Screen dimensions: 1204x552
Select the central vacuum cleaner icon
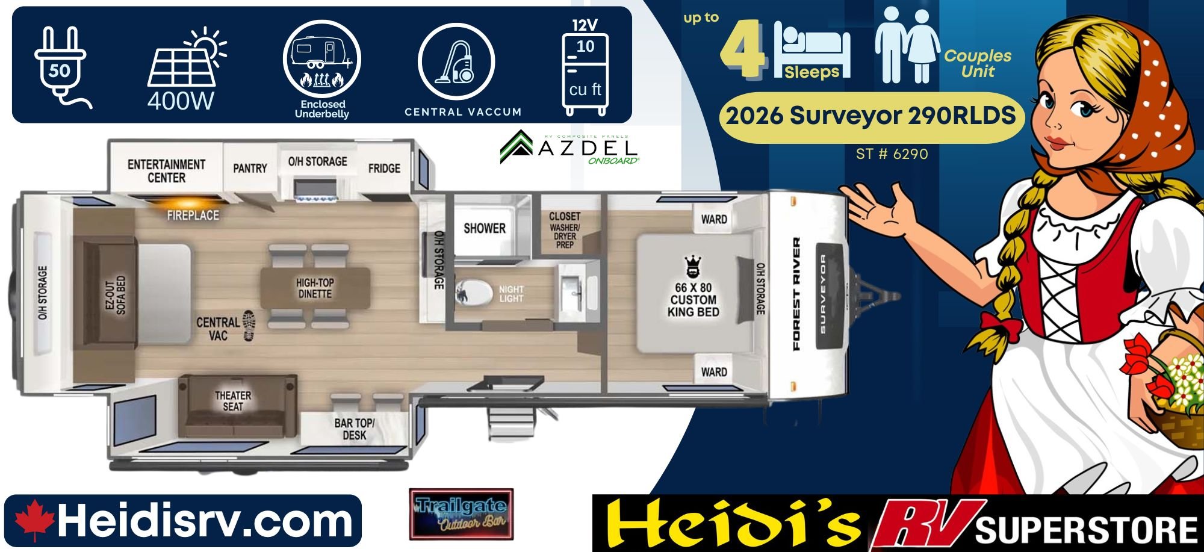(x=456, y=61)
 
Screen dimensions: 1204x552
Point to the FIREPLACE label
(x=193, y=215)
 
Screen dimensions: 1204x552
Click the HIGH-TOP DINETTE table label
(x=315, y=288)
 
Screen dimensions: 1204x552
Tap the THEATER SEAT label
(x=233, y=401)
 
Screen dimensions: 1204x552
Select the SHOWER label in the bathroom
(x=485, y=228)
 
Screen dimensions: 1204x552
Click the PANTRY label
(x=250, y=169)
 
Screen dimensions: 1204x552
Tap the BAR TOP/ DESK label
(x=354, y=429)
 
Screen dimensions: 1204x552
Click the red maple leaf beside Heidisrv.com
(x=34, y=521)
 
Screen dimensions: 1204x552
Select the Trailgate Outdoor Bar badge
(x=461, y=514)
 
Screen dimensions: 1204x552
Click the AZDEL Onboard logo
(x=569, y=147)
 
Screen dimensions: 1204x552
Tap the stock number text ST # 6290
(x=892, y=154)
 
